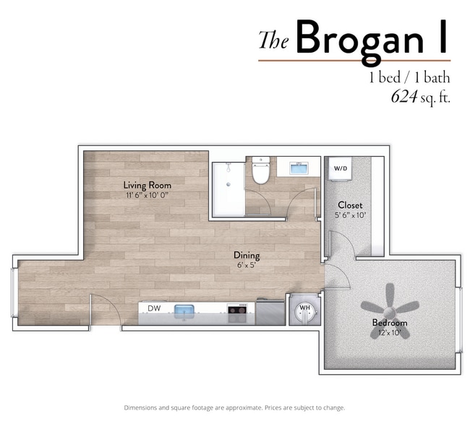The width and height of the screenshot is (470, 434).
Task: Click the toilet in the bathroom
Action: click(261, 170)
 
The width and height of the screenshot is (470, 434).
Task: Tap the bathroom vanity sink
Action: click(299, 168)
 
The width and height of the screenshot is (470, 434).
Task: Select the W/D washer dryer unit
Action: click(341, 169)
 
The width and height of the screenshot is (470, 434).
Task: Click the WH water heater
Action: click(305, 311)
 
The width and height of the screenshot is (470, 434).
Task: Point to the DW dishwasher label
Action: click(154, 308)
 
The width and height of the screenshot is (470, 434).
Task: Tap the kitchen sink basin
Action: click(184, 310)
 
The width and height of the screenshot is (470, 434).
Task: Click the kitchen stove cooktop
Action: click(237, 309)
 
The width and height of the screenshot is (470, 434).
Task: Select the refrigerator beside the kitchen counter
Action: click(270, 313)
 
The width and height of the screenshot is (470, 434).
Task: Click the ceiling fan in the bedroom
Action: click(389, 311)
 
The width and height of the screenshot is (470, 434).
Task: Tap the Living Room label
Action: click(148, 186)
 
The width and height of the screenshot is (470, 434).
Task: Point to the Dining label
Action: click(247, 256)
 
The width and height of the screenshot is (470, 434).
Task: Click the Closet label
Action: click(350, 205)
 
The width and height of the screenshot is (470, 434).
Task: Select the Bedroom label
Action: click(390, 323)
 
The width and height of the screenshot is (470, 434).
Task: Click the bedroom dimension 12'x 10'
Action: click(390, 332)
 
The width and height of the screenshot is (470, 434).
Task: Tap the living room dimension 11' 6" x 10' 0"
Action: click(148, 195)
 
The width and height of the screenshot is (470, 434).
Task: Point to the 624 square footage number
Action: click(404, 96)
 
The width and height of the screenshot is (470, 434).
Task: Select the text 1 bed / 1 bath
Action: click(409, 78)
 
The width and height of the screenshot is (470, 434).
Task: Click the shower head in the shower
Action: click(228, 167)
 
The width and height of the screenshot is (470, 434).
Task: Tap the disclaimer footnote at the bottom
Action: click(235, 408)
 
